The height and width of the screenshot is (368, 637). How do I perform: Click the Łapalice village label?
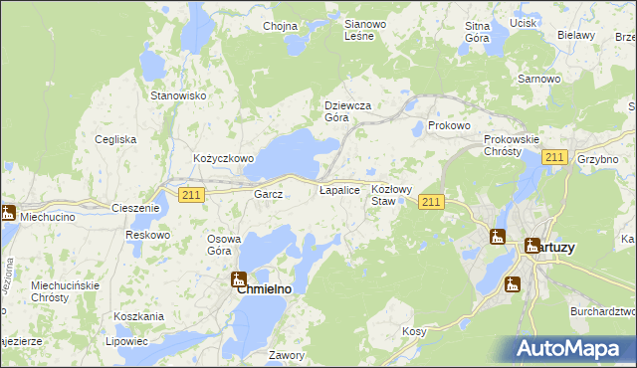(x=338, y=189)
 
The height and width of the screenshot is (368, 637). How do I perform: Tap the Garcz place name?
(x=269, y=194)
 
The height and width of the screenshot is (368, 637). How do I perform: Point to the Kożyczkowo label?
(x=224, y=158)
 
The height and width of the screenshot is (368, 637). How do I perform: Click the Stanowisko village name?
(x=177, y=95)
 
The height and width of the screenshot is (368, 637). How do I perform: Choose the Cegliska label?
(x=115, y=139)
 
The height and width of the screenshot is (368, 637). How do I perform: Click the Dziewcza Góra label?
(x=348, y=111)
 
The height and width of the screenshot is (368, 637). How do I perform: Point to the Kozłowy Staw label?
(x=391, y=195)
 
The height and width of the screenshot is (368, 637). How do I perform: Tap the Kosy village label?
(x=414, y=331)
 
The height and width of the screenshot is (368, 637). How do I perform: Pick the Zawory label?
(x=286, y=354)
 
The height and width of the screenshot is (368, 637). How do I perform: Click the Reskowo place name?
(x=147, y=235)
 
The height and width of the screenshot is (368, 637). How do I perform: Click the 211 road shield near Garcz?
(x=192, y=195)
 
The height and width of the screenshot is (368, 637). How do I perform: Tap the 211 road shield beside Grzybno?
(x=555, y=158)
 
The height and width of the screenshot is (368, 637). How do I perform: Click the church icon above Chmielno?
(x=239, y=279)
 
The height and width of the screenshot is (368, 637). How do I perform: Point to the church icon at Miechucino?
(x=8, y=212)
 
